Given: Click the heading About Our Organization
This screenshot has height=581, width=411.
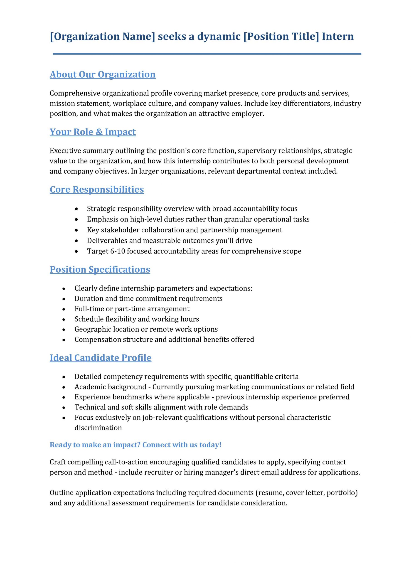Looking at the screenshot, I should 103,74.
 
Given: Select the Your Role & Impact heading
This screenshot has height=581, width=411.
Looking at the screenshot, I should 93,132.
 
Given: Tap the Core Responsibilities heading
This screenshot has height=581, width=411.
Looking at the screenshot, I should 97,190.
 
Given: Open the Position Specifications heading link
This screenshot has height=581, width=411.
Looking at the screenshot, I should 100,269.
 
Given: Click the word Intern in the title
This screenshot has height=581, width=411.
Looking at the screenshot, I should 338,37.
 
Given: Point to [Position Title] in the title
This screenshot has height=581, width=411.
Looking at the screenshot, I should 281,37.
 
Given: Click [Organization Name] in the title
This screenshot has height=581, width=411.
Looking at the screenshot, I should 102,37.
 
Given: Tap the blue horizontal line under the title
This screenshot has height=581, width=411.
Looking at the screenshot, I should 207,54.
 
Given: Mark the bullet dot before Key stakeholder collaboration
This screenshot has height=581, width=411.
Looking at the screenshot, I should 76,230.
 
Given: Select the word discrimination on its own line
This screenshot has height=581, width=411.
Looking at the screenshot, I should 98,428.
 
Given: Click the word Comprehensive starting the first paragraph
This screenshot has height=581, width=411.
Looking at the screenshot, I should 75,93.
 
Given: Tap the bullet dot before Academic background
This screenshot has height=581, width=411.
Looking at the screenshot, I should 64,387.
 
